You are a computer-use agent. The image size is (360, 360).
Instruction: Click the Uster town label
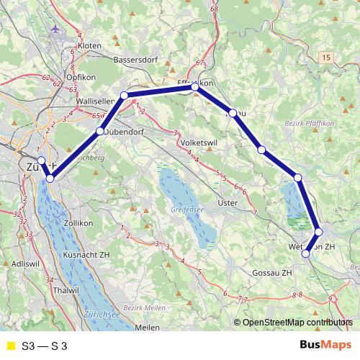tap(228, 203)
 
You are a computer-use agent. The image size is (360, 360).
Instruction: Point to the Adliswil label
tap(25, 264)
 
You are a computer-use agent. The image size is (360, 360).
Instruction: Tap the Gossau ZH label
tap(273, 274)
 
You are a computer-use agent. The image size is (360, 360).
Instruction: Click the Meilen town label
tap(147, 328)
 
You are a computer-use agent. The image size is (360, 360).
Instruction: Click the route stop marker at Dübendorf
tap(100, 132)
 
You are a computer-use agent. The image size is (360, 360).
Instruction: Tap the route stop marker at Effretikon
tap(195, 87)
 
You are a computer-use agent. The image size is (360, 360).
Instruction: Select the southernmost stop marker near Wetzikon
tap(306, 253)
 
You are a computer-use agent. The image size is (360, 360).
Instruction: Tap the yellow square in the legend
tap(10, 346)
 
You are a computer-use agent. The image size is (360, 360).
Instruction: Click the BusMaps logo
tap(325, 346)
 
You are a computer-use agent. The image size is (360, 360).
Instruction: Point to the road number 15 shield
tap(328, 56)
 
